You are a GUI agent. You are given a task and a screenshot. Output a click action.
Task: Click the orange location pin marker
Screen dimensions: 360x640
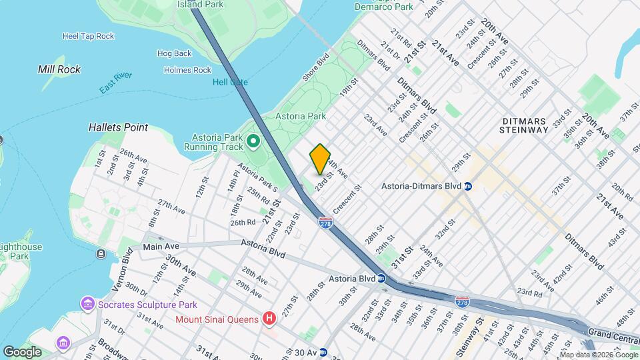[320, 159]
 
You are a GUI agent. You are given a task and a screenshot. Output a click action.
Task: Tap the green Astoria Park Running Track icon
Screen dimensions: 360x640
[253, 141]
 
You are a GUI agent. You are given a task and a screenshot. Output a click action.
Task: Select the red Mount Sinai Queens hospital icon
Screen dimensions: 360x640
[269, 319]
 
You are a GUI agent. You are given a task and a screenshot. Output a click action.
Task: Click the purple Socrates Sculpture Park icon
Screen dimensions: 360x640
[87, 305]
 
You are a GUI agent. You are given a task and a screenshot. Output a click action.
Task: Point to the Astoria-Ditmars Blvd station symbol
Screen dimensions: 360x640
[468, 186]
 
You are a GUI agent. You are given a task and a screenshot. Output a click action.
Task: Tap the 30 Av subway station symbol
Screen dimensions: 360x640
[323, 351]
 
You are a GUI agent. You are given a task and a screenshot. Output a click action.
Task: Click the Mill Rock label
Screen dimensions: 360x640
[59, 69]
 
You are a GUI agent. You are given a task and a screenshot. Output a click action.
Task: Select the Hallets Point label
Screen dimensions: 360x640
[118, 127]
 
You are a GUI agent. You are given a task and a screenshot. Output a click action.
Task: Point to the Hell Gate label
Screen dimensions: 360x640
[230, 82]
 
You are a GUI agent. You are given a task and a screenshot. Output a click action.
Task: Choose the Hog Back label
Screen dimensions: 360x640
[174, 53]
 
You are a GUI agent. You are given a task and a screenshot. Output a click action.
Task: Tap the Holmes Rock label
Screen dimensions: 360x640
[187, 70]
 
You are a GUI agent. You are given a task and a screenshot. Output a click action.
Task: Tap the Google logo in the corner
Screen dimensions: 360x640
[22, 351]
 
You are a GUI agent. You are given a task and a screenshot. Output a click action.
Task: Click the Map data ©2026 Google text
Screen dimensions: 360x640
[599, 354]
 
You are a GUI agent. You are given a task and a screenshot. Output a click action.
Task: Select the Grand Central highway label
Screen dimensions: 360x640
[615, 331]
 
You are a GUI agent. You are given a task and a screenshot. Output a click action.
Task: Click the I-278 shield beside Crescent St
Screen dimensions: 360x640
[325, 222]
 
